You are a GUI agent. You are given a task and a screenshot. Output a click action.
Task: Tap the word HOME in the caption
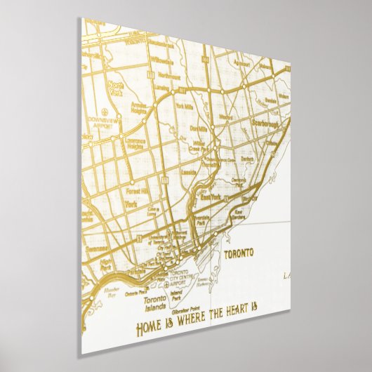148,326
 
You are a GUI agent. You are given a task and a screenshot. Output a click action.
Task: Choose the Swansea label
95,247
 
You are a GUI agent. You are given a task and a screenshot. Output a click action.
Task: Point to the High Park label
106,265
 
